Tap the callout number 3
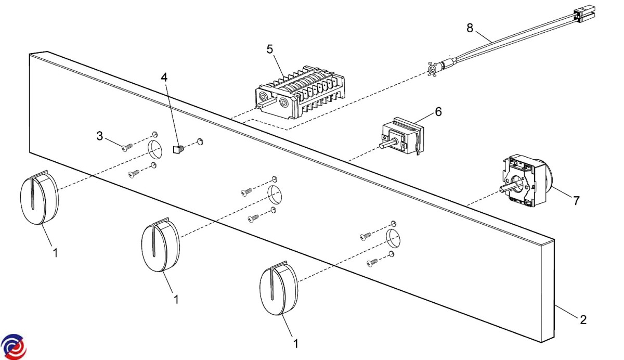(100, 136)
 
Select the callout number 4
(164, 78)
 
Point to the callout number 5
(269, 49)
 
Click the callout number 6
(438, 112)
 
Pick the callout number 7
(576, 200)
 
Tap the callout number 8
(470, 28)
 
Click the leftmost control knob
(39, 199)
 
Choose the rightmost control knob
(278, 291)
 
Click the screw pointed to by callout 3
(126, 148)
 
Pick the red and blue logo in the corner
(14, 346)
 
